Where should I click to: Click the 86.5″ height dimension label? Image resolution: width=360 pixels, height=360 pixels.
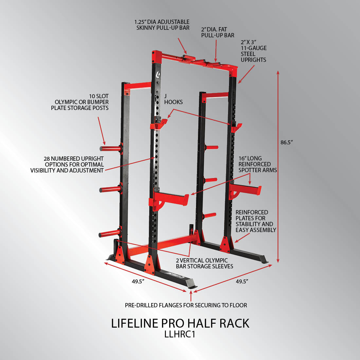287,142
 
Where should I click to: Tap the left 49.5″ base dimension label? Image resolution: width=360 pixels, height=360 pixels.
138,281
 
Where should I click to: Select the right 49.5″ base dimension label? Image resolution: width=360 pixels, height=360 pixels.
242,281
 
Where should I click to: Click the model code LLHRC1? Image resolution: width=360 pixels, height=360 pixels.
180,334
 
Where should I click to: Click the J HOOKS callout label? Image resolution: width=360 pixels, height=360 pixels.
173,99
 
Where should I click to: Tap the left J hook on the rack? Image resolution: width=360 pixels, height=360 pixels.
159,124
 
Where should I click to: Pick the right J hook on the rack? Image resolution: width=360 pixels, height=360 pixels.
236,127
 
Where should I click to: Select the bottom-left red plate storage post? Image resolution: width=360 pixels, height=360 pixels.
110,234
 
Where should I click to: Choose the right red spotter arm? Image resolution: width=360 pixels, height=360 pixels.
245,190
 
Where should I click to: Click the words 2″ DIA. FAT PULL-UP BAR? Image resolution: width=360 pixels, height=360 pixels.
218,32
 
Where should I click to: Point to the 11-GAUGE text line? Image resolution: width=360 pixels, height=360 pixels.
254,48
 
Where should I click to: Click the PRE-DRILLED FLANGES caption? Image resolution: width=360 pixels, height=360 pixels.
186,305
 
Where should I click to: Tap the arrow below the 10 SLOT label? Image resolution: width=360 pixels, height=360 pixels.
101,131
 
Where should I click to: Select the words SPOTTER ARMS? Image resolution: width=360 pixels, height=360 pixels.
258,170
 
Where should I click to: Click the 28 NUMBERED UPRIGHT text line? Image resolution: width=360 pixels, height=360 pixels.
74,159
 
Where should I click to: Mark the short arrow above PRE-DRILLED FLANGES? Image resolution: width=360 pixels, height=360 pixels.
191,296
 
